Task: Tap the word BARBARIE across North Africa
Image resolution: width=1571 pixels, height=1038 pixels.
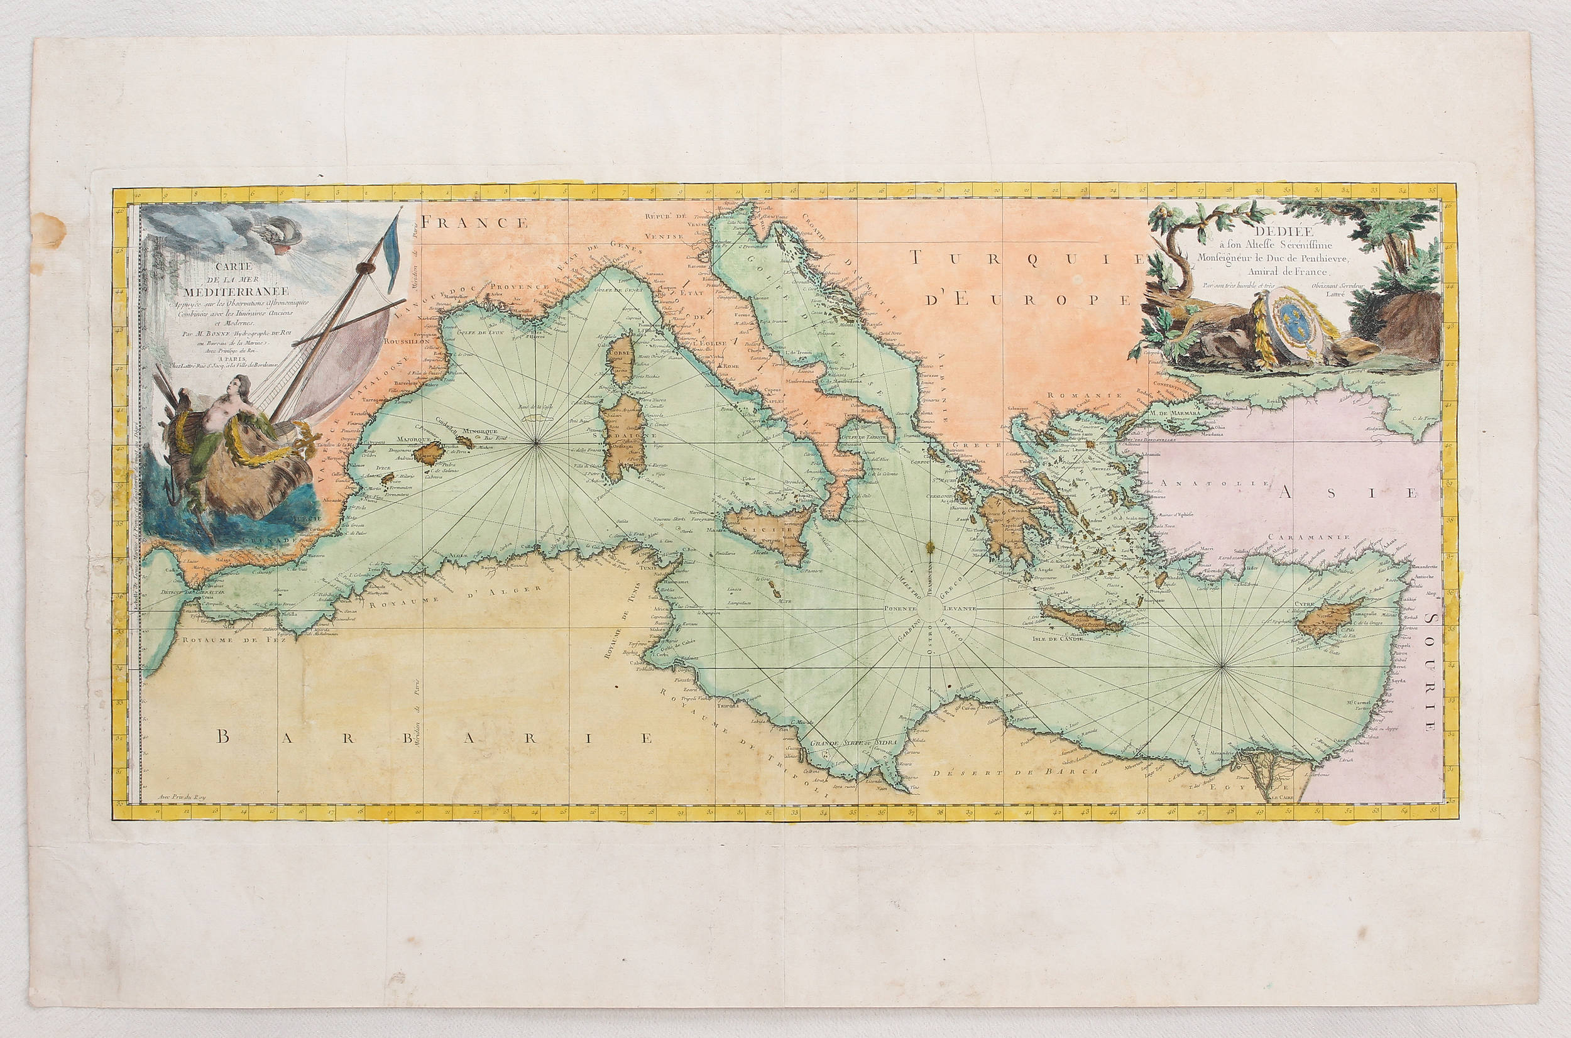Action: [x=434, y=738]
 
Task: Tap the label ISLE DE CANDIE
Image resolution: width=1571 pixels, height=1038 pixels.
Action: [x=1056, y=639]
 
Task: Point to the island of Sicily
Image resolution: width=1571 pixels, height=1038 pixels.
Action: [x=767, y=533]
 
